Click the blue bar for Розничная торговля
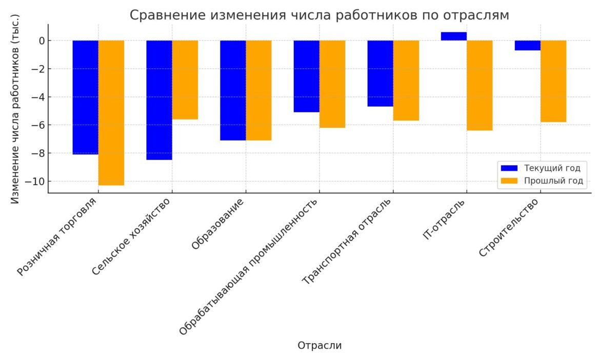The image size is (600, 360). pos(85,97)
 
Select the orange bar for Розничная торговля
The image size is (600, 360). pos(111,113)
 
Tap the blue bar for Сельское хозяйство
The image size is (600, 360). pos(159,100)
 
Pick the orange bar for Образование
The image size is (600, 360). pos(258,90)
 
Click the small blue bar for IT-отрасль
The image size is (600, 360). pos(454,36)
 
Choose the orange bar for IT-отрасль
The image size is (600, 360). pos(479,85)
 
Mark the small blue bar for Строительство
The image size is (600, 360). pos(528,45)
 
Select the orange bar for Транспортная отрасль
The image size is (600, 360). pos(406,81)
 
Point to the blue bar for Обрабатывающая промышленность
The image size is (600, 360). pos(307,76)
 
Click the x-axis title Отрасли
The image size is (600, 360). pos(319,346)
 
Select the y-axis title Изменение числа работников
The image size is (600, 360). pos(15,109)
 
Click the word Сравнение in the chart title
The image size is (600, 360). pos(168,15)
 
